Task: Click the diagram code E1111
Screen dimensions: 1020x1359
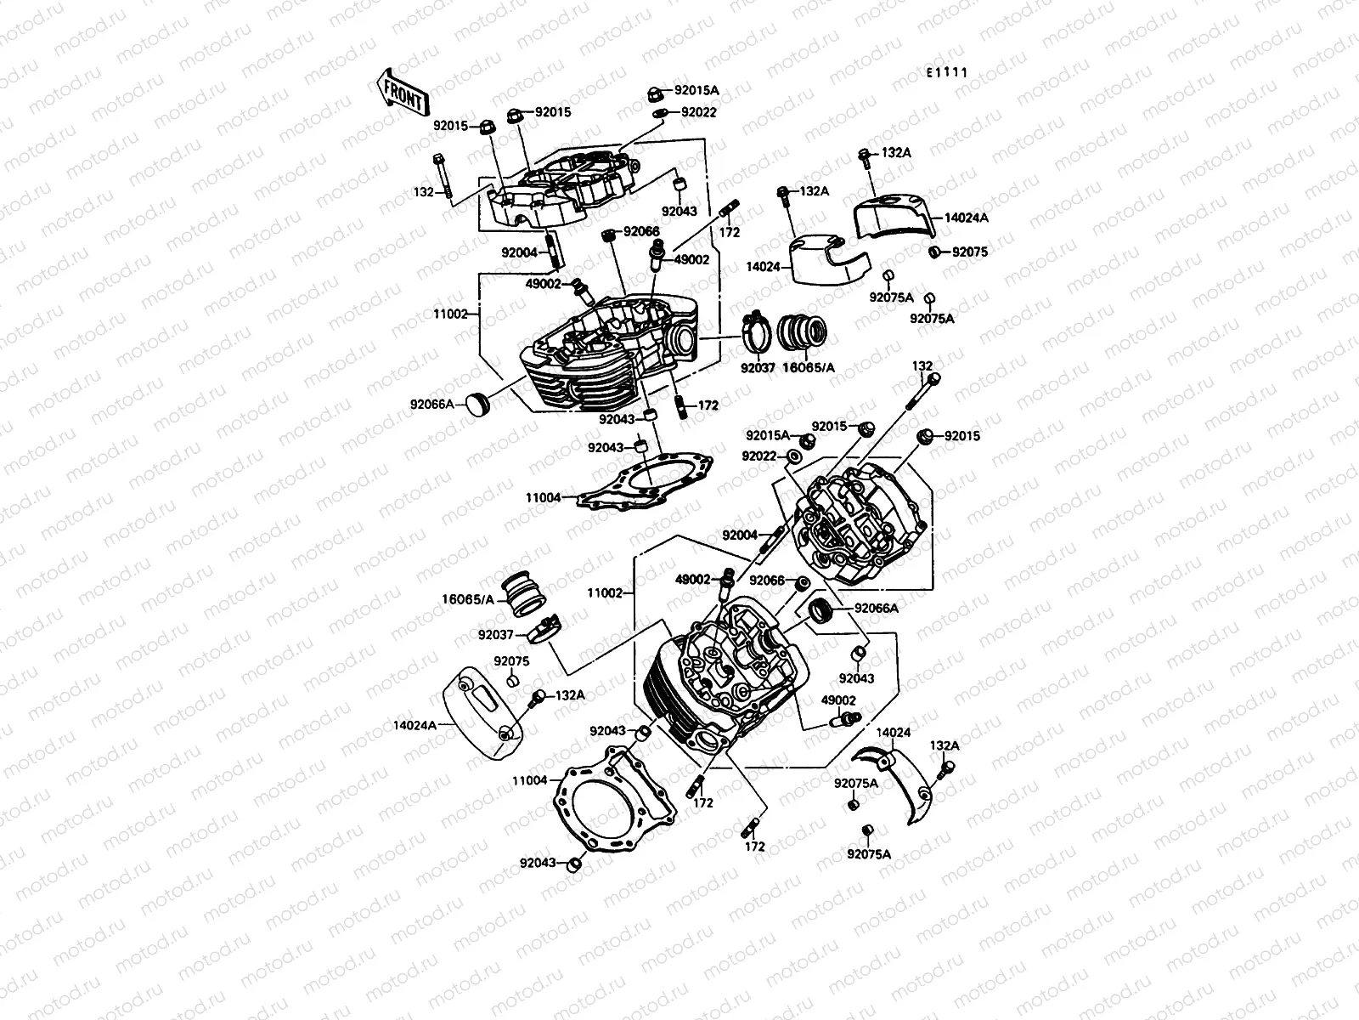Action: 947,73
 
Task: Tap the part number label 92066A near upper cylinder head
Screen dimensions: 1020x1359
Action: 433,404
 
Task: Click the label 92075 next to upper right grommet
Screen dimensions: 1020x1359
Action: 970,252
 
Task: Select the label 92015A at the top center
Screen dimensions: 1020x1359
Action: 696,90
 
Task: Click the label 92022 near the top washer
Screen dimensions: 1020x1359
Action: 699,112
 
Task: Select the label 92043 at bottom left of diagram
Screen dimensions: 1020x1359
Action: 537,863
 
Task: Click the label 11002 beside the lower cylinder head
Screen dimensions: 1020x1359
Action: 604,593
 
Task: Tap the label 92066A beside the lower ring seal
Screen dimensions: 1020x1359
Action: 877,609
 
